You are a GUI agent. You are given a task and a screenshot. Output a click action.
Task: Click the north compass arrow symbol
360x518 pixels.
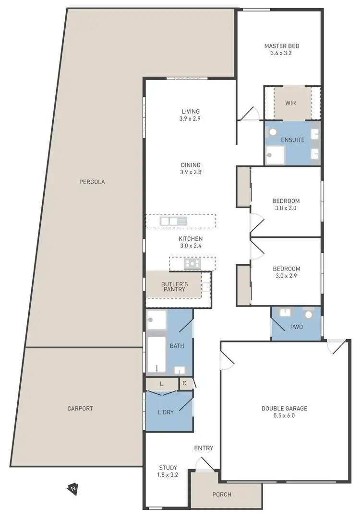point(72,489)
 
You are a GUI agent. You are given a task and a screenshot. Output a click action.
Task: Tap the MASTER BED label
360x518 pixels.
point(282,46)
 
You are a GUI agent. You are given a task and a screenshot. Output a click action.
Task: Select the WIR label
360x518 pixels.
point(290,103)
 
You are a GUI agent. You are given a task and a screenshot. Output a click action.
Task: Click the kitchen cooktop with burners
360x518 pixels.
point(192,263)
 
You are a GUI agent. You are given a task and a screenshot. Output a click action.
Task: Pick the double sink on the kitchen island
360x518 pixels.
point(173,221)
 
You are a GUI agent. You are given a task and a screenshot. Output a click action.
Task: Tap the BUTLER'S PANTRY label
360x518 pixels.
point(174,287)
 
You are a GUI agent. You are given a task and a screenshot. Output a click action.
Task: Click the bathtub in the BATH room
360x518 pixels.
point(156,355)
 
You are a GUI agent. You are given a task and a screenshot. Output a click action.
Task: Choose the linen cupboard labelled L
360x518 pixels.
point(161,384)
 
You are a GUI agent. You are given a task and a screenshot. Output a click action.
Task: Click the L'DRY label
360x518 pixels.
point(166,412)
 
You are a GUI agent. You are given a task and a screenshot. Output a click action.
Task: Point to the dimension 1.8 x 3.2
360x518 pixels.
point(168,475)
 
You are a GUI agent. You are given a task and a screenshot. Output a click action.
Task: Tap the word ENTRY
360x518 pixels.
point(204,448)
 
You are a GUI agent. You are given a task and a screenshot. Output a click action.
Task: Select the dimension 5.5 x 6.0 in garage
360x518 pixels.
point(284,416)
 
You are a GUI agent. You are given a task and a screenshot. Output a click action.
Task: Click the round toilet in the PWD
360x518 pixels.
point(308,315)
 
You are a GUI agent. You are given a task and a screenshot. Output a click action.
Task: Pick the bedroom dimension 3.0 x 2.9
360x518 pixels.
point(286,276)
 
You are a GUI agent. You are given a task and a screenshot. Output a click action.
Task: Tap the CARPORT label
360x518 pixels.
point(80,409)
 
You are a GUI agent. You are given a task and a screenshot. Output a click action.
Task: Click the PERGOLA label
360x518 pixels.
point(92,182)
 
